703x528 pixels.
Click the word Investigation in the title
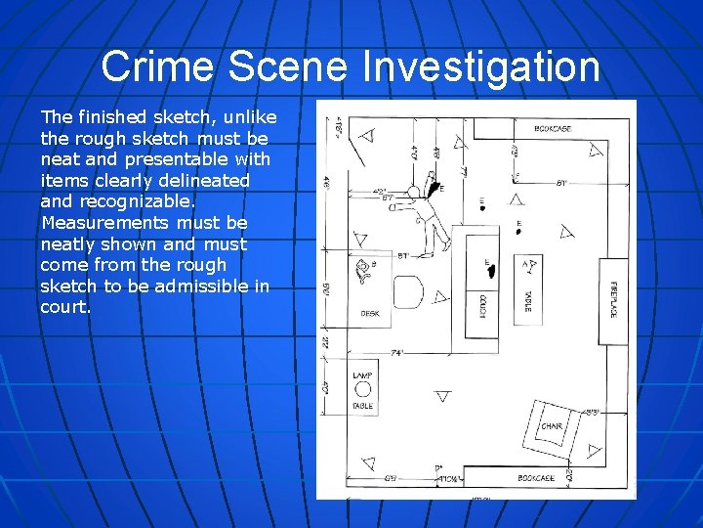point(480,66)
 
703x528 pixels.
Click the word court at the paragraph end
point(63,307)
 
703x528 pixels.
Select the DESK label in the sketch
point(369,313)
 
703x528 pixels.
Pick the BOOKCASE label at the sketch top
point(553,128)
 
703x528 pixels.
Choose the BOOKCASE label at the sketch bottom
point(536,478)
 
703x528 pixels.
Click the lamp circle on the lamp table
point(362,388)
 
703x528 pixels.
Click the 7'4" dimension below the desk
point(397,352)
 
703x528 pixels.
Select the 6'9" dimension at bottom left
point(389,477)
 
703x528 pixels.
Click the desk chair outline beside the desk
point(408,290)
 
